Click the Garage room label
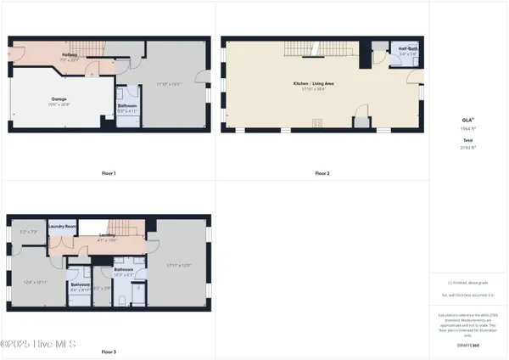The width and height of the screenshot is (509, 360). pyautogui.click(x=59, y=98)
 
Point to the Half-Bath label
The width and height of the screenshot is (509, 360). pyautogui.click(x=407, y=48)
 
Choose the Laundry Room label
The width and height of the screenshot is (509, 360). pyautogui.click(x=63, y=228)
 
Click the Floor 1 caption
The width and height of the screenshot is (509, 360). pyautogui.click(x=109, y=173)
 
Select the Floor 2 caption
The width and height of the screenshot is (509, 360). pyautogui.click(x=322, y=173)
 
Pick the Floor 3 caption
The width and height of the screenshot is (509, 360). pyautogui.click(x=109, y=352)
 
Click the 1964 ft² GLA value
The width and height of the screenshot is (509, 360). pyautogui.click(x=467, y=127)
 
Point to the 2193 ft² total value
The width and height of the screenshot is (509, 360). pyautogui.click(x=467, y=147)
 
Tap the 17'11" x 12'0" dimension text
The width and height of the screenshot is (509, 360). pyautogui.click(x=179, y=266)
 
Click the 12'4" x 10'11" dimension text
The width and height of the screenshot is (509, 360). pyautogui.click(x=35, y=282)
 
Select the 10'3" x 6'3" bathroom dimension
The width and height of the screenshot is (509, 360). pyautogui.click(x=125, y=274)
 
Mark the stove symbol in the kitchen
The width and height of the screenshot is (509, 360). pyautogui.click(x=318, y=124)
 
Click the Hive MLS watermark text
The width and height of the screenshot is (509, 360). pyautogui.click(x=38, y=344)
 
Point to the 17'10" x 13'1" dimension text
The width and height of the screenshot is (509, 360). pyautogui.click(x=169, y=83)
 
